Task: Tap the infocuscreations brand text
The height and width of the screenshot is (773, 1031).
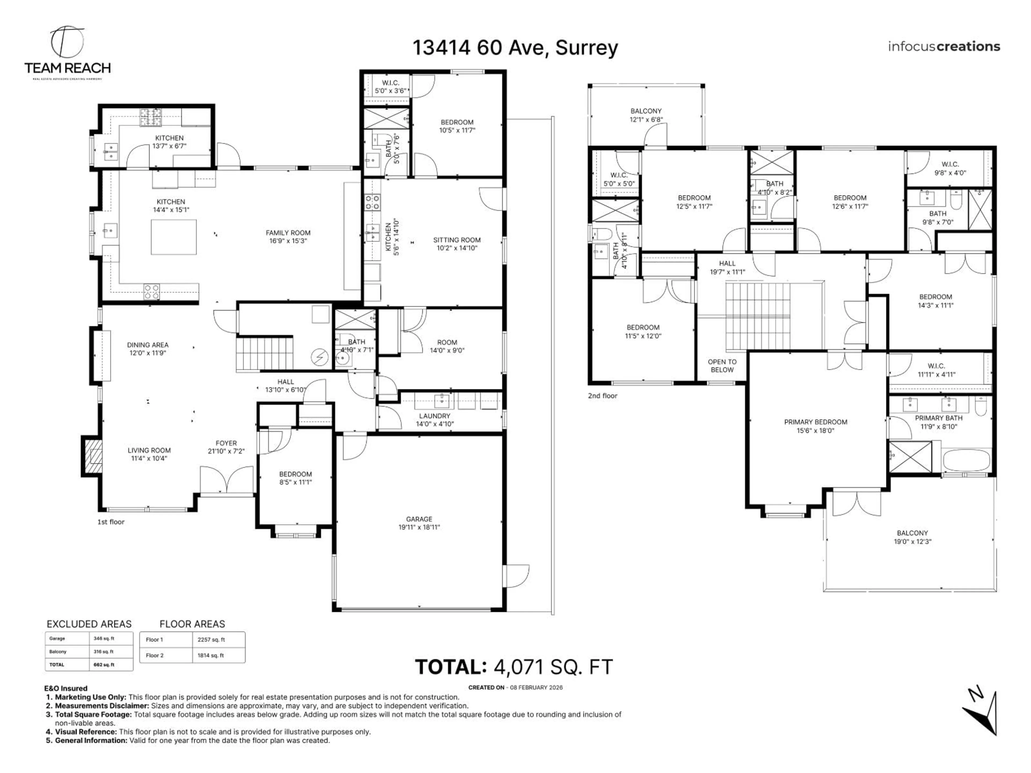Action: pos(944,47)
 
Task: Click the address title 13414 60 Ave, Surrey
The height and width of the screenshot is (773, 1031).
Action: pos(515,48)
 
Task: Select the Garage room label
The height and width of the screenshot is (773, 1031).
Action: pos(419,523)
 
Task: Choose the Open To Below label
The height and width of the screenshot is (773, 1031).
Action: pos(722,366)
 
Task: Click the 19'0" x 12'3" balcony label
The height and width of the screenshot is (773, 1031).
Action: pos(912,537)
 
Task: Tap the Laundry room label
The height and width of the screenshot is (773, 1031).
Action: pos(434,419)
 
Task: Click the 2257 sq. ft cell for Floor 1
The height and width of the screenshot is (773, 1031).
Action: pos(211,640)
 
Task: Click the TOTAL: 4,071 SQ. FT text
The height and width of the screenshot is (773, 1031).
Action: pos(514,667)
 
